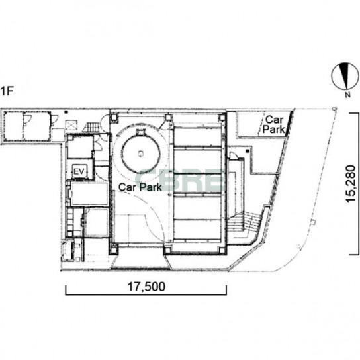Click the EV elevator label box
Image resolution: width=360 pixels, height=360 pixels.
[x=79, y=171]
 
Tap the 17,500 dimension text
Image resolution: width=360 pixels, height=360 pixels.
[x=146, y=287]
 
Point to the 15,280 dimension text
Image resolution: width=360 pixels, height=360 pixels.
[x=351, y=184]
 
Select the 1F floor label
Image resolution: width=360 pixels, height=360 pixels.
[x=7, y=91]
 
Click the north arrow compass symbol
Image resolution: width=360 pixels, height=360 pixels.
[x=345, y=76]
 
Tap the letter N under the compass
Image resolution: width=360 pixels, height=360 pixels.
[x=348, y=95]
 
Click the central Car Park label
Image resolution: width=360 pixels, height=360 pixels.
[x=140, y=187]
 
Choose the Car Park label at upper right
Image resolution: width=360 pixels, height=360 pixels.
[x=274, y=124]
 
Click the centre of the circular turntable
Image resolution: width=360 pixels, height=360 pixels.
[x=141, y=154]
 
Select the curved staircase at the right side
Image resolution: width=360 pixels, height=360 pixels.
[x=244, y=225]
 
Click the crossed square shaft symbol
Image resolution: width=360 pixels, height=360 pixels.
[x=72, y=125]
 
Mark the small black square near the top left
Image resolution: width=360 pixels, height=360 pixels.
[x=66, y=112]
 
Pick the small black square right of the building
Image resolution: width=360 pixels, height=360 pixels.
[x=247, y=151]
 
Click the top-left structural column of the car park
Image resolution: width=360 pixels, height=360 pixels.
[x=114, y=118]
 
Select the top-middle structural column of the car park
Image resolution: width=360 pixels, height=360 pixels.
[x=168, y=118]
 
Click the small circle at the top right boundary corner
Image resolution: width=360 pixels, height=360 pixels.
[x=334, y=109]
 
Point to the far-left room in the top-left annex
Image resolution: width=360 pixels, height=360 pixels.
[x=13, y=126]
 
